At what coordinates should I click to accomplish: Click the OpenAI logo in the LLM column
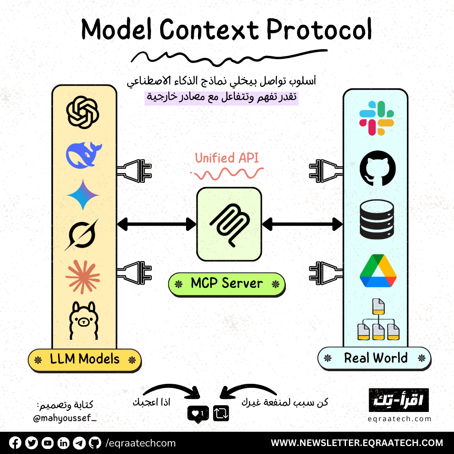pyautogui.click(x=83, y=112)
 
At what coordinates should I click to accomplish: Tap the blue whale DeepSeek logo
pyautogui.click(x=83, y=154)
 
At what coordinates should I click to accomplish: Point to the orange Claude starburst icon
pyautogui.click(x=83, y=277)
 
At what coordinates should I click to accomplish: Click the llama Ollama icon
pyautogui.click(x=83, y=320)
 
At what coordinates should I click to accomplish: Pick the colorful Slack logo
pyautogui.click(x=376, y=118)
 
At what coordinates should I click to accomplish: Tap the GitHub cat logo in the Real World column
pyautogui.click(x=377, y=168)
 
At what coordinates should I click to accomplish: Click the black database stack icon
pyautogui.click(x=377, y=219)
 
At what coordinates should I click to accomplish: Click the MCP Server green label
pyautogui.click(x=227, y=283)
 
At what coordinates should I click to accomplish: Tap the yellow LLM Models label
pyautogui.click(x=84, y=360)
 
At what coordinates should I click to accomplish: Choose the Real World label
pyautogui.click(x=375, y=358)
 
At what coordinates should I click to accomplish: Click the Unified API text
pyautogui.click(x=227, y=158)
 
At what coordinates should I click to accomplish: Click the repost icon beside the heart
pyautogui.click(x=221, y=414)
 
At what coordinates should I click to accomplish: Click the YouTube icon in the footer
pyautogui.click(x=48, y=443)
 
